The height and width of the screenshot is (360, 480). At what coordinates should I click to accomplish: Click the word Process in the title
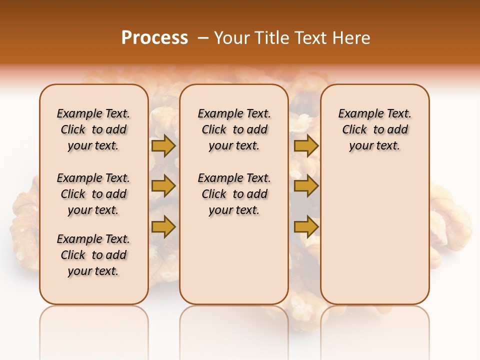tap(154, 38)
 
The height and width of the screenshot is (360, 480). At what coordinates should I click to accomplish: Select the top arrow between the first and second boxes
tap(163, 146)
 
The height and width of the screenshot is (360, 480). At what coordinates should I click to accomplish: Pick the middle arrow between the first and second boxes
tap(163, 186)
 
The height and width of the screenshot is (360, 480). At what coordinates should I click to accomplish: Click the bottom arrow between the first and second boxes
tap(163, 226)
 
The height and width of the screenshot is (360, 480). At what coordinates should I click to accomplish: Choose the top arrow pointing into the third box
tap(306, 146)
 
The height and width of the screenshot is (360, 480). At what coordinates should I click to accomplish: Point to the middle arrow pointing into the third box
tap(306, 186)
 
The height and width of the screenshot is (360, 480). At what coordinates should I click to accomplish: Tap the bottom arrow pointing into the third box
tap(306, 227)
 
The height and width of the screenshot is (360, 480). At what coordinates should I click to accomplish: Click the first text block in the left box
tap(93, 129)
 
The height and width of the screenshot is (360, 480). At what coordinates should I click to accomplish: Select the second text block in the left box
tap(93, 194)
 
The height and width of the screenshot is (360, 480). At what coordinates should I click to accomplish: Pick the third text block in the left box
tap(93, 255)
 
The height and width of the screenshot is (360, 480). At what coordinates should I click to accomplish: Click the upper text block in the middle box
tap(234, 129)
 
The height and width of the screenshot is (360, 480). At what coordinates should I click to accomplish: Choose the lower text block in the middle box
tap(234, 194)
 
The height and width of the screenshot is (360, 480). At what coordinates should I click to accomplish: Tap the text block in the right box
tap(374, 129)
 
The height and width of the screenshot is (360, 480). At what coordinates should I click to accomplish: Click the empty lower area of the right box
tap(374, 235)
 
